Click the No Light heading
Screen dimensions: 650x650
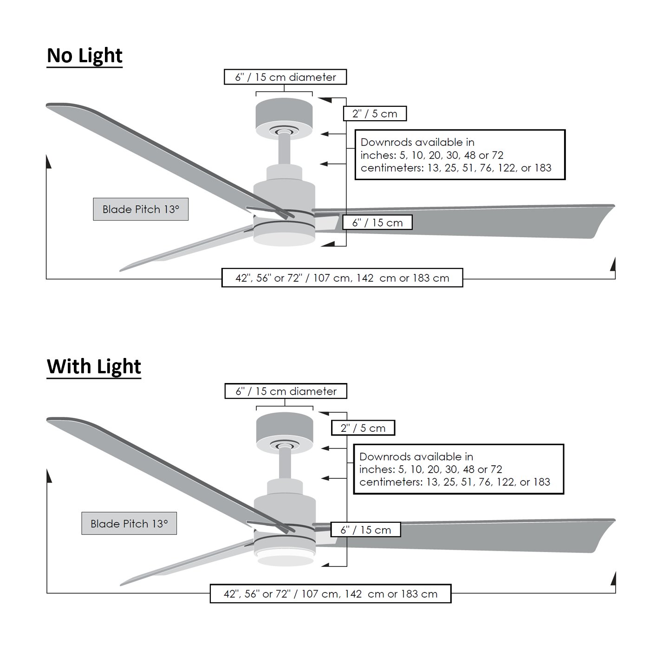[x=84, y=56]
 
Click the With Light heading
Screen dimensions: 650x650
[x=94, y=367]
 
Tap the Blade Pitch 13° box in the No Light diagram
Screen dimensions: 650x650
[x=141, y=209]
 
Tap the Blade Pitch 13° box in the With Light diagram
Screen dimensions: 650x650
[x=129, y=523]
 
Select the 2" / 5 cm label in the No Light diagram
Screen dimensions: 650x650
[x=375, y=114]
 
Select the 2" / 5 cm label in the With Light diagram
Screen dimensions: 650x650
[x=363, y=428]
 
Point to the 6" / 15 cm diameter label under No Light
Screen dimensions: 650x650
[x=286, y=77]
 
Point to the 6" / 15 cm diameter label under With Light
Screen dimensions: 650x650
[x=286, y=391]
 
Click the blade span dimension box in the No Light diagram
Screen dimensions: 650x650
[x=342, y=278]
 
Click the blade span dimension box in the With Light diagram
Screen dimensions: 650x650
[x=331, y=593]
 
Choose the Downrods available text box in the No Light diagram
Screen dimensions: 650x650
[x=460, y=155]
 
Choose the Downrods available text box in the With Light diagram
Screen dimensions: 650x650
[x=459, y=469]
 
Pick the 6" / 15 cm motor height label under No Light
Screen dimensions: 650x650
[x=377, y=223]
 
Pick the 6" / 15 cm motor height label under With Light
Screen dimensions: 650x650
[x=366, y=530]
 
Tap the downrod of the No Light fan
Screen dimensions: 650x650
[x=284, y=149]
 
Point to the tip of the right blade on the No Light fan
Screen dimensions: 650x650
[x=614, y=205]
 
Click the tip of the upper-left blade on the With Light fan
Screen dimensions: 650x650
[x=47, y=419]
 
